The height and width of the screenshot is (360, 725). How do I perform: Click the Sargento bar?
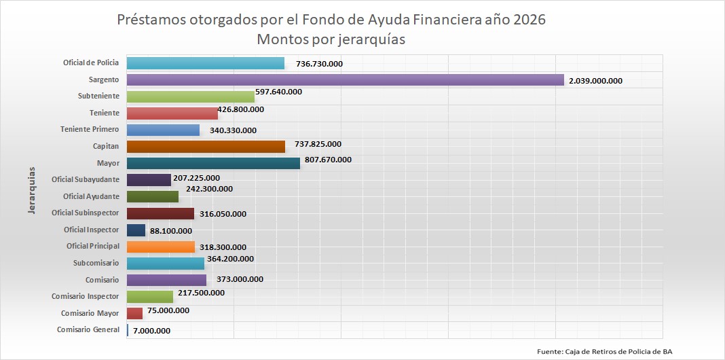pyautogui.click(x=345, y=80)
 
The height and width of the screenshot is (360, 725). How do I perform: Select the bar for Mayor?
pyautogui.click(x=213, y=163)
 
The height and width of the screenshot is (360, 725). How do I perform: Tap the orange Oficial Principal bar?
pyautogui.click(x=161, y=247)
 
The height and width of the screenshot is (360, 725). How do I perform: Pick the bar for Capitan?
pyautogui.click(x=206, y=146)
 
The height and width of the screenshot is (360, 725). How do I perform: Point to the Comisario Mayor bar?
pyautogui.click(x=134, y=313)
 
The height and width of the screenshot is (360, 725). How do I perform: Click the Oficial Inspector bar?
pyautogui.click(x=136, y=230)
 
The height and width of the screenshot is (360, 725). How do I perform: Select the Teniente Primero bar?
pyautogui.click(x=163, y=130)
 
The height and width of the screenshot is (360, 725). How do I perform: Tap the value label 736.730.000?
pyautogui.click(x=319, y=64)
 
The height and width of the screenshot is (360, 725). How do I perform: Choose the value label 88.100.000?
pyautogui.click(x=174, y=231)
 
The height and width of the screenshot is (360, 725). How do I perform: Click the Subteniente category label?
pyautogui.click(x=98, y=96)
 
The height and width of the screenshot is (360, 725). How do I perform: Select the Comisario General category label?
pyautogui.click(x=88, y=330)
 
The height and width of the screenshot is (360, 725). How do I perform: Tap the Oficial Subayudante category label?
pyautogui.click(x=86, y=180)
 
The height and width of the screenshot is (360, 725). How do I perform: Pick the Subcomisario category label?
pyautogui.click(x=96, y=263)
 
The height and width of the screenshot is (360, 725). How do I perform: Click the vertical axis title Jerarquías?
pyautogui.click(x=31, y=190)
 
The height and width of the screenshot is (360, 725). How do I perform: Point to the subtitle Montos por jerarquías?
pyautogui.click(x=331, y=39)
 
